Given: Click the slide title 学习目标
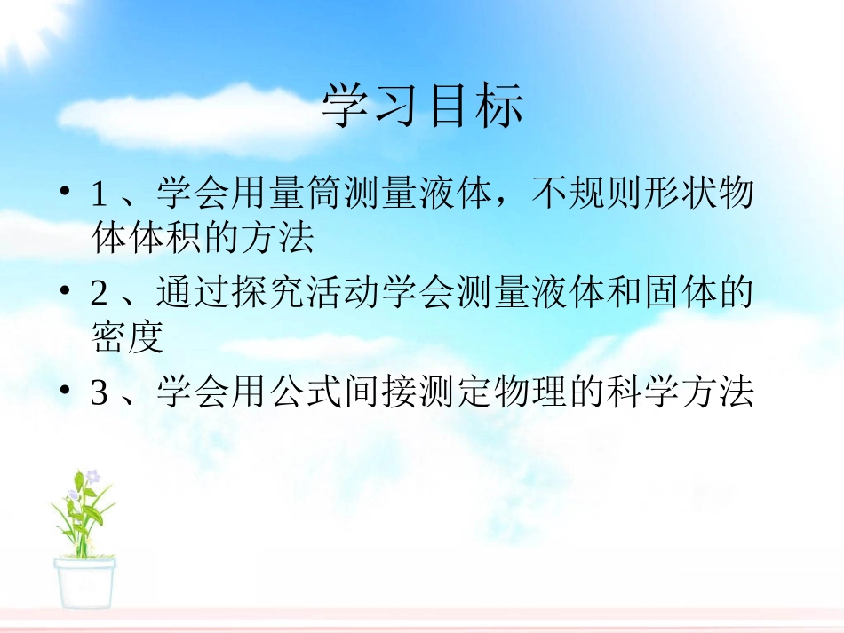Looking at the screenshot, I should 422,106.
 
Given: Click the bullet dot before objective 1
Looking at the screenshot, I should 65,193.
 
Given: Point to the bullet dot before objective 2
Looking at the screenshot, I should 65,292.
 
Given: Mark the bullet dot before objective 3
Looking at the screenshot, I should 65,391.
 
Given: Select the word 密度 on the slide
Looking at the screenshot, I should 127,337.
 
